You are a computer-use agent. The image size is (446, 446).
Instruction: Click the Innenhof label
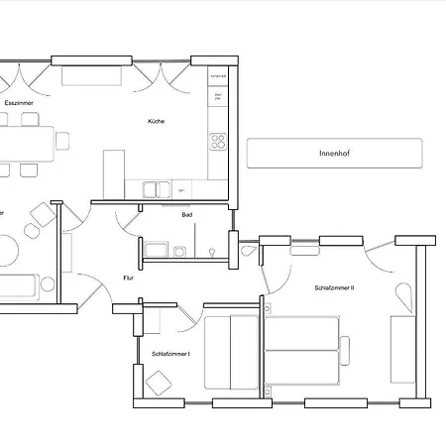(x=334, y=154)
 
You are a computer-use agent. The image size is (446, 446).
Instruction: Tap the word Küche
(x=157, y=121)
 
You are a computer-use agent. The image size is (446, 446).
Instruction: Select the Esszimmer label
(x=18, y=103)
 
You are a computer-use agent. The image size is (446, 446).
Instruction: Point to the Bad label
(x=186, y=215)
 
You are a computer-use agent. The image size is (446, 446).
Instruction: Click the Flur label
(x=128, y=278)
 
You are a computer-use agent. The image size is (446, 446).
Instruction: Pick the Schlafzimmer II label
(x=334, y=287)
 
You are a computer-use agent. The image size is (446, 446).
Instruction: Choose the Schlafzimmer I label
(x=170, y=354)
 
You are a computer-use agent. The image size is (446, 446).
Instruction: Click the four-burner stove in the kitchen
(x=217, y=141)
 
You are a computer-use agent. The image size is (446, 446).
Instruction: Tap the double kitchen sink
(x=157, y=188)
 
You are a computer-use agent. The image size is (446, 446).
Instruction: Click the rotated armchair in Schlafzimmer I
(x=158, y=381)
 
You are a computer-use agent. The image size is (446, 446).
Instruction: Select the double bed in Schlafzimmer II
(x=304, y=352)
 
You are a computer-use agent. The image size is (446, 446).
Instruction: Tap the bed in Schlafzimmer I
(x=230, y=352)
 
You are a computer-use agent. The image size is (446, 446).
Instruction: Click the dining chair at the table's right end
(x=63, y=141)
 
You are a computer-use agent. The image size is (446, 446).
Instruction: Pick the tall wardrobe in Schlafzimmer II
(x=402, y=352)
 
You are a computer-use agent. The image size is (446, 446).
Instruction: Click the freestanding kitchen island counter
(x=114, y=174)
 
